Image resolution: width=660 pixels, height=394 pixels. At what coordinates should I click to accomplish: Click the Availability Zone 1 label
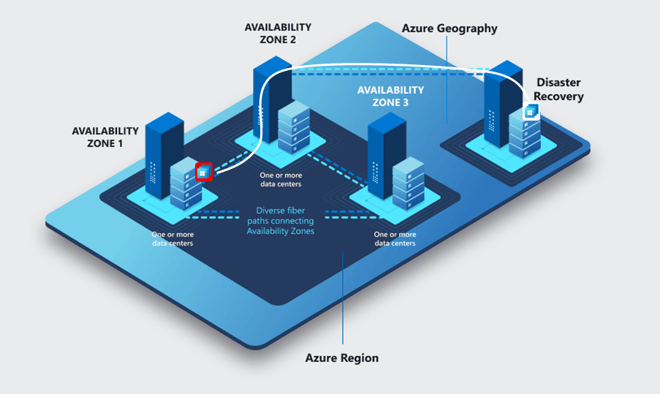(105, 137)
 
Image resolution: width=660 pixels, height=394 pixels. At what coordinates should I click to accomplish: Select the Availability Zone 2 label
(278, 33)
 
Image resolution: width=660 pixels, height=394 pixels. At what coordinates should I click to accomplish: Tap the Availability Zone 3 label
(390, 96)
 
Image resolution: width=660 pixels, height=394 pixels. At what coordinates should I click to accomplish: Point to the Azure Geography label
(450, 29)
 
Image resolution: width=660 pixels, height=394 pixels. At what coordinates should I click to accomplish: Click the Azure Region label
(342, 358)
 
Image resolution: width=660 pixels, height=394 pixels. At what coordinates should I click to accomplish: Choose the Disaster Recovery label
(560, 89)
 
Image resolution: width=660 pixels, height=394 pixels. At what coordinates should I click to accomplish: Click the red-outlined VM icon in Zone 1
(204, 172)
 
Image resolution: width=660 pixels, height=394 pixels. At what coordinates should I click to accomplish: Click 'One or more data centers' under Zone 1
(172, 238)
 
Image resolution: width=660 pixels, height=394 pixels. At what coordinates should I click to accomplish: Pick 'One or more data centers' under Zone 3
(395, 238)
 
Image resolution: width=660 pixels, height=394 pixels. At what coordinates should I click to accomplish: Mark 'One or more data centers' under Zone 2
(281, 180)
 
